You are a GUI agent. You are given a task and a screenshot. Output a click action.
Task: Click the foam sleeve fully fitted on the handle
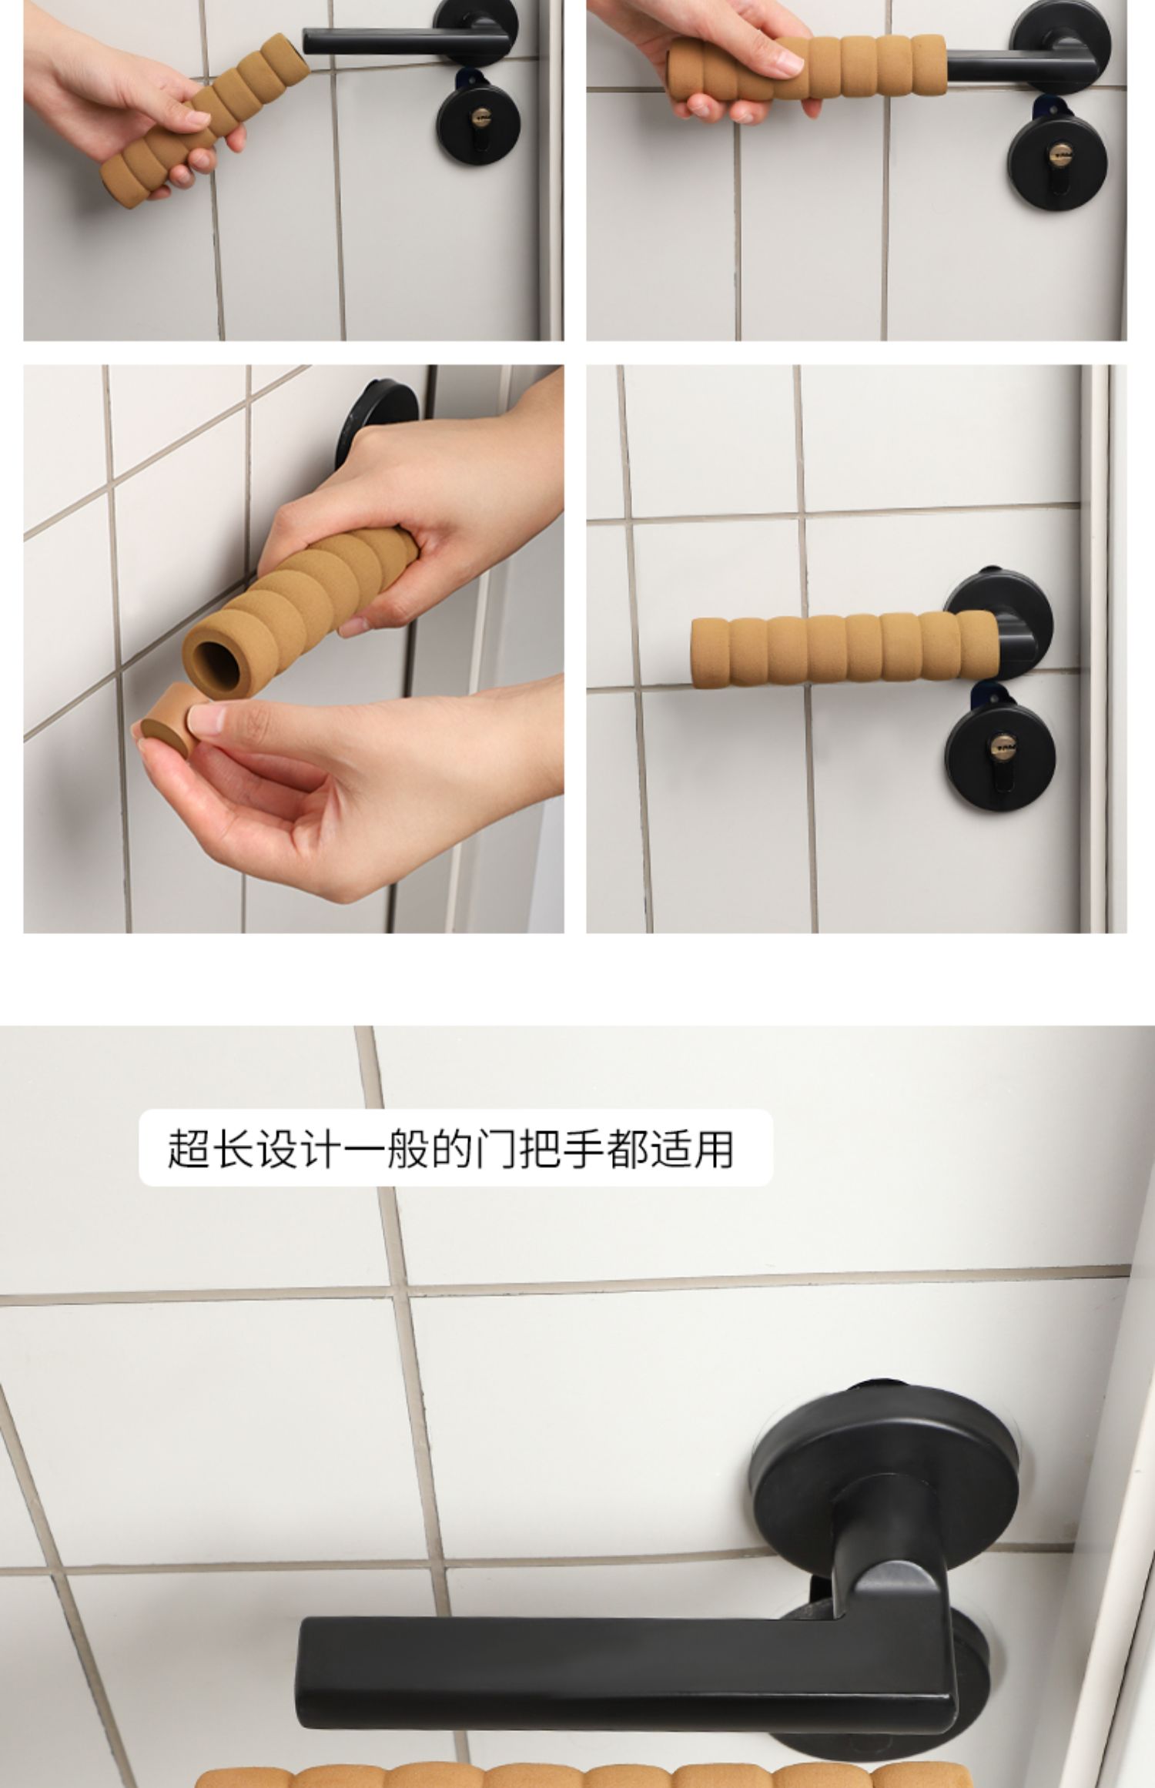(x=845, y=651)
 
